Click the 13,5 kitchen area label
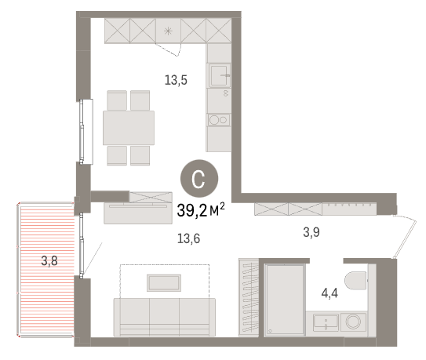pos(176,80)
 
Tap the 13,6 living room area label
pos(188,238)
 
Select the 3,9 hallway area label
pos(311,232)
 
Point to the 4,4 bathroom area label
pos(330,293)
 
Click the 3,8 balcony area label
pos(49,261)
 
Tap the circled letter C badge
pos(199,179)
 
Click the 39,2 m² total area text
pos(201,209)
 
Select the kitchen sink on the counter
pos(219,75)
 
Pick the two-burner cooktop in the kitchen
pos(219,120)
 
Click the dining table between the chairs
pos(129,128)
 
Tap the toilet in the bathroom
pos(355,281)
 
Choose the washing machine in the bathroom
pos(353,322)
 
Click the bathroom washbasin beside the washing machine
pos(326,322)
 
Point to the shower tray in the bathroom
pos(285,300)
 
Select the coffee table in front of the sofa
pos(164,283)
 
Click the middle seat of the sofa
pos(164,317)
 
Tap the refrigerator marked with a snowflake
pos(168,31)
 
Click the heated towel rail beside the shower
pos(249,297)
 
